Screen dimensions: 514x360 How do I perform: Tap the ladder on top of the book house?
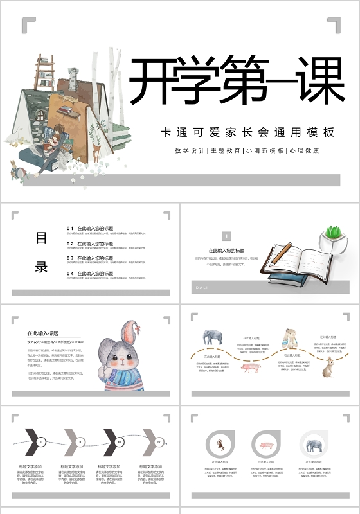tap(44, 71)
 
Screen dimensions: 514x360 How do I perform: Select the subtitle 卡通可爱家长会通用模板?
tap(248, 132)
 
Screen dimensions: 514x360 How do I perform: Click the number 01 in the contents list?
tap(70, 228)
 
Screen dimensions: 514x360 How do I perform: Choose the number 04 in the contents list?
tap(70, 273)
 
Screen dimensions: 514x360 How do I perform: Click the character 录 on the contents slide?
tap(41, 267)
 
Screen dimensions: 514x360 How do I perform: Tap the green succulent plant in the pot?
tap(332, 232)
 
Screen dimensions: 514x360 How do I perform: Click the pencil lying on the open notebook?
tap(280, 254)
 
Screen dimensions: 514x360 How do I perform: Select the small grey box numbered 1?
tap(226, 236)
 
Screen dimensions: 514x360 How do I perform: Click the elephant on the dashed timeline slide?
tap(213, 337)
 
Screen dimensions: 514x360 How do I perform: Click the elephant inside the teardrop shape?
tap(314, 445)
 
